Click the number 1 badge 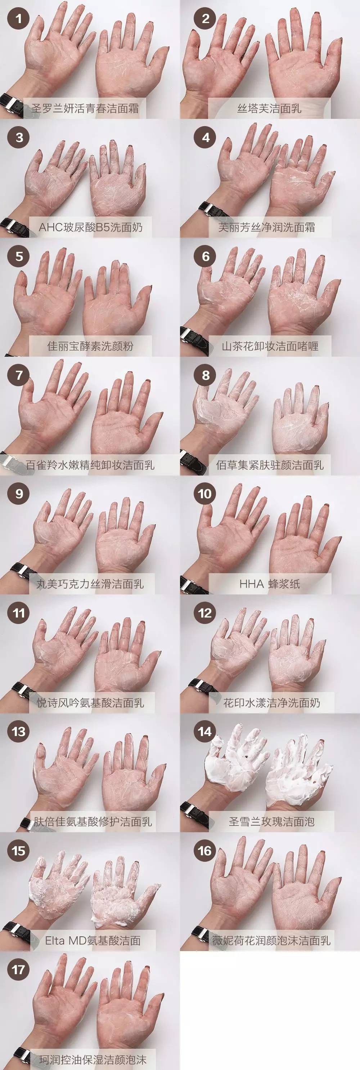click(x=19, y=19)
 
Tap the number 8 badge click(x=206, y=375)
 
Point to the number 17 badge click(x=19, y=970)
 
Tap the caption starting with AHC click(x=90, y=227)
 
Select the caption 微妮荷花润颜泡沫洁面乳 click(x=271, y=940)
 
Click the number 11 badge click(x=19, y=613)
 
